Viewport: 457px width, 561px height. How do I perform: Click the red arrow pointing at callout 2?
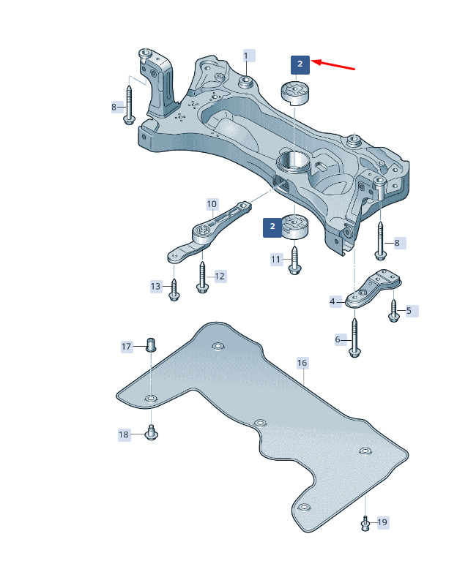333,64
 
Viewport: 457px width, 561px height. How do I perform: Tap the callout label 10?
212,204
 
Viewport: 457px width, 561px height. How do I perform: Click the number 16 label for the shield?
302,363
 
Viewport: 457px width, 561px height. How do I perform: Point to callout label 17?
127,347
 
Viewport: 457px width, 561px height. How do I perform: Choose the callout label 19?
382,522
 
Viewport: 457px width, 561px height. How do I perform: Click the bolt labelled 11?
294,260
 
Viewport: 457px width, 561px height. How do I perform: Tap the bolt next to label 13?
174,290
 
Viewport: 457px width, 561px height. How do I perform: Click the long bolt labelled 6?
354,338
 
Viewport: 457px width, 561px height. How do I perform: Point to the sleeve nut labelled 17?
151,344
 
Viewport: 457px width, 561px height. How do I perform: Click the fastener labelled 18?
151,432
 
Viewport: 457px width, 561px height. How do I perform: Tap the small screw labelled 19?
365,524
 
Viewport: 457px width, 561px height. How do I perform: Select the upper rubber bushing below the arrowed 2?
296,94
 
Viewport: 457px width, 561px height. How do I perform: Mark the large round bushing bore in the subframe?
293,162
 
